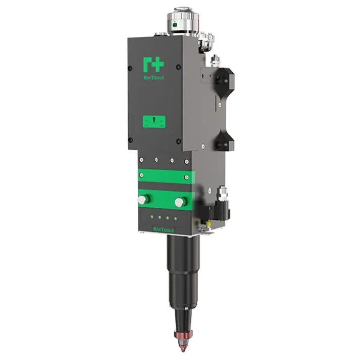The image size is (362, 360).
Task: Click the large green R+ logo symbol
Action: tap(153, 65)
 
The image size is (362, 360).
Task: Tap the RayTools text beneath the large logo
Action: tap(153, 78)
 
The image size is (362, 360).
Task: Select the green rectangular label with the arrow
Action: tap(154, 122)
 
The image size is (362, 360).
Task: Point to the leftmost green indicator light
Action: tap(152, 216)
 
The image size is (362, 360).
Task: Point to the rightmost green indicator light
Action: tap(176, 218)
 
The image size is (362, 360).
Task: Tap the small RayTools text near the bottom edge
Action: tap(164, 229)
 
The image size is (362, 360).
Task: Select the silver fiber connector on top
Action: tap(183, 21)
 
